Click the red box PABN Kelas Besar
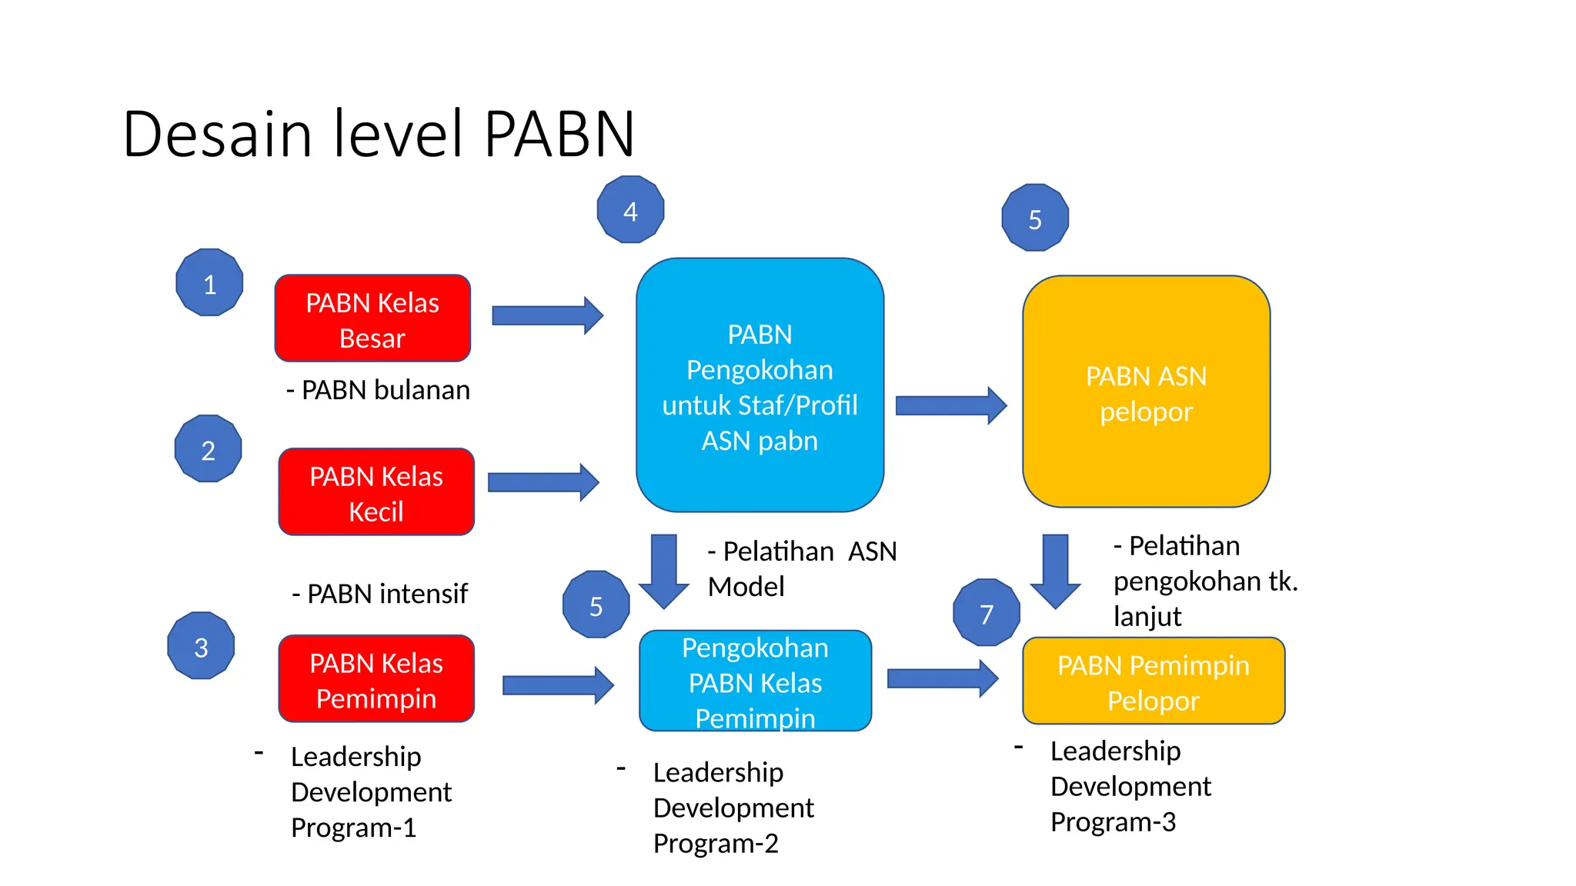tap(372, 318)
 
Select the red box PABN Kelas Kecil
tap(376, 492)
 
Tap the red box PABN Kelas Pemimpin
tap(376, 679)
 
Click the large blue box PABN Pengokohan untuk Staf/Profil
tap(760, 385)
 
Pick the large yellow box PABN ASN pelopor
tap(1146, 391)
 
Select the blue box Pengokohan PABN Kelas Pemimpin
tap(755, 681)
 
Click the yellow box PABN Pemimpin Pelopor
tap(1153, 681)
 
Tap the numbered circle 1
tap(209, 283)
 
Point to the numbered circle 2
tap(208, 449)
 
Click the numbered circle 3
tap(201, 646)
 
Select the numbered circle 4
tap(630, 210)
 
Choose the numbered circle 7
tap(986, 613)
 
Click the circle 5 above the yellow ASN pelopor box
tap(1035, 218)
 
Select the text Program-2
tap(716, 844)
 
